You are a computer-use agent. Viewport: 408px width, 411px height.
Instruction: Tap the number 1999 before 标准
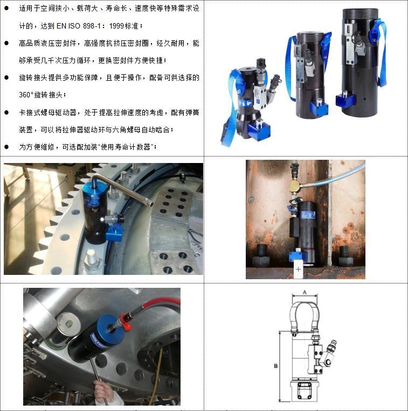(x=117, y=26)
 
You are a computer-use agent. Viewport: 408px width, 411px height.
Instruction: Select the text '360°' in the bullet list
(x=26, y=95)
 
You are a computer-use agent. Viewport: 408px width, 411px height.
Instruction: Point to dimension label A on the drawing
(x=305, y=292)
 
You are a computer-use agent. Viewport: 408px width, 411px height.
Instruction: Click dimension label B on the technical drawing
(x=275, y=366)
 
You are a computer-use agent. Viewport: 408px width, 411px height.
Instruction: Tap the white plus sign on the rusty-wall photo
(x=298, y=269)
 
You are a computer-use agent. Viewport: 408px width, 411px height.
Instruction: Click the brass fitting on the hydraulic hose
(x=295, y=185)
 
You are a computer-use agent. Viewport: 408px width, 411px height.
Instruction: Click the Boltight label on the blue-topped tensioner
(x=99, y=340)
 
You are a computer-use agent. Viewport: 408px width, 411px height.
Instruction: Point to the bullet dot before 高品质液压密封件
(x=6, y=43)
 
